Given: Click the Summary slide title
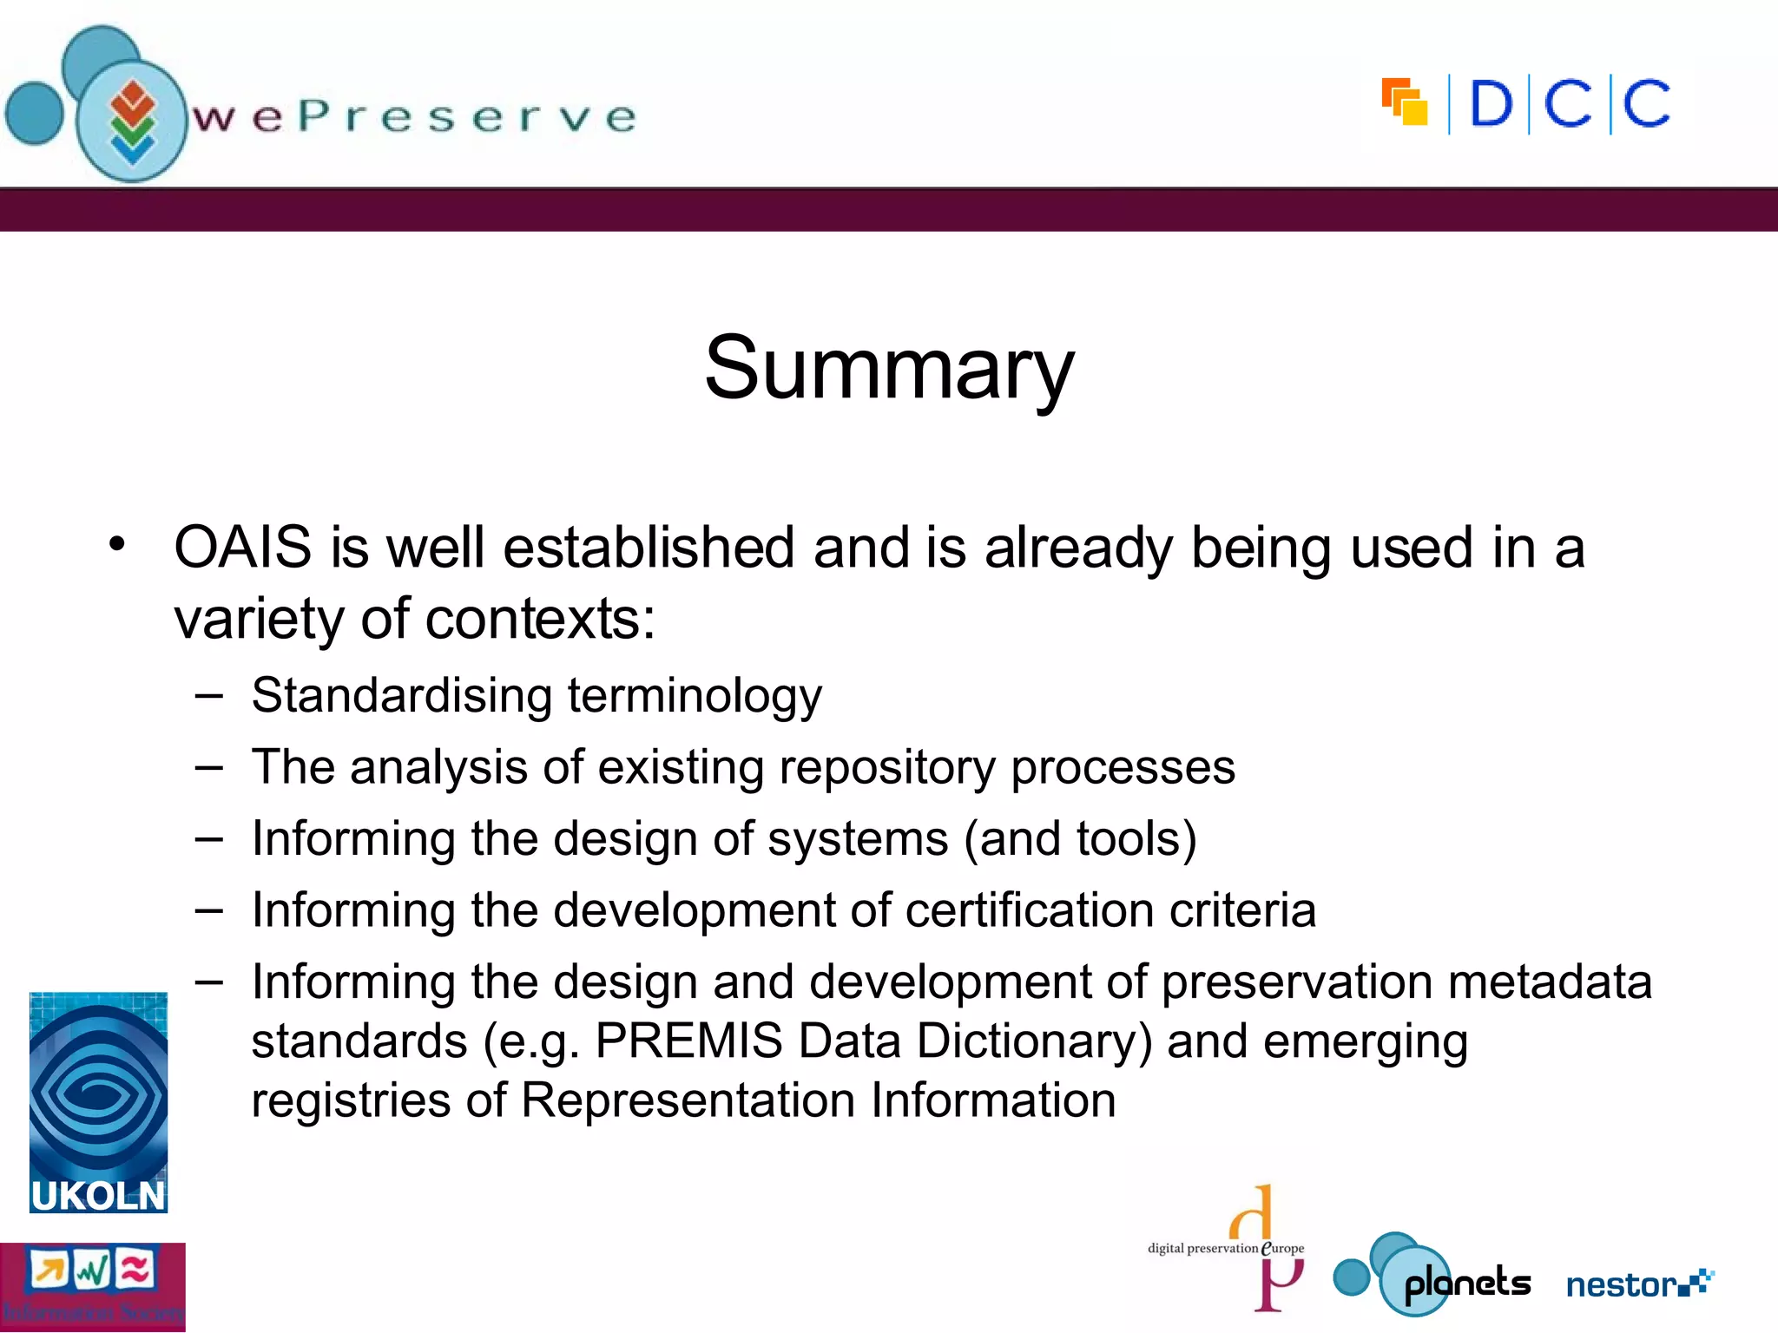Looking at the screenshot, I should click(889, 369).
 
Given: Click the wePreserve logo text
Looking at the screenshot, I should click(415, 117).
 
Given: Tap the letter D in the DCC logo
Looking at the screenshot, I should click(1491, 105).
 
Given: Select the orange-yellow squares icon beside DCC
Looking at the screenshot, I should click(1404, 102).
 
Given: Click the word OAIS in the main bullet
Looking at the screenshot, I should click(242, 548).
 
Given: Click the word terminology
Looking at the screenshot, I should click(695, 697).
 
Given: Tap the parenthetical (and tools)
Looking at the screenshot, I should click(1080, 839).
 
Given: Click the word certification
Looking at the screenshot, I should click(1030, 910).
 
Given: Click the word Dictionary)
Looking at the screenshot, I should click(1034, 1041).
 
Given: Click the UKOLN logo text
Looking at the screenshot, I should click(97, 1196).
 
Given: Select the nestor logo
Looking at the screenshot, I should click(1637, 1284).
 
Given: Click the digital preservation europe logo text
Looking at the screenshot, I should click(1224, 1248).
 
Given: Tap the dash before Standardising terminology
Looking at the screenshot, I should click(209, 696).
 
